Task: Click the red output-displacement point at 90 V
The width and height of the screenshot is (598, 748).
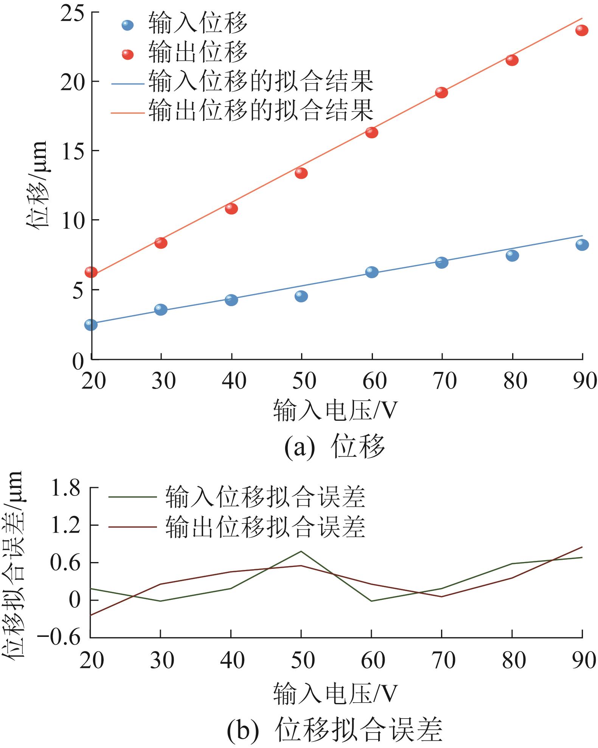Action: (x=582, y=30)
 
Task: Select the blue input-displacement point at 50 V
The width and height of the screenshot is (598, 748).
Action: (x=301, y=296)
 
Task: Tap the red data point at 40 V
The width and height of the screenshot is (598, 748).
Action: (x=231, y=208)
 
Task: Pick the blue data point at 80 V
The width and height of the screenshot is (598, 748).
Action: (x=512, y=256)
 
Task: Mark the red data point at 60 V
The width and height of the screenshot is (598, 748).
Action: (x=371, y=132)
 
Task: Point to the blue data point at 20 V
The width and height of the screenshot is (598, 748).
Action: (x=91, y=324)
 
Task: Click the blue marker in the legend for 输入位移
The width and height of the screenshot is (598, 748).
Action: (x=128, y=25)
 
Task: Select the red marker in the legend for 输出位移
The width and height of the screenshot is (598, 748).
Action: (x=128, y=54)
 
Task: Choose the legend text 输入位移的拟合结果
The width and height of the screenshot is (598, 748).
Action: (x=261, y=81)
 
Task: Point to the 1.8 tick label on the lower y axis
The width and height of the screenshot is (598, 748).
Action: (x=66, y=489)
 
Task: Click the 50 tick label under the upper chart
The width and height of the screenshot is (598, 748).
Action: (x=304, y=381)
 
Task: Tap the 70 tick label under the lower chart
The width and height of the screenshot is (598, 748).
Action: (x=444, y=660)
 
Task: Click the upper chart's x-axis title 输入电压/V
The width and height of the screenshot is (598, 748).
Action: (x=336, y=411)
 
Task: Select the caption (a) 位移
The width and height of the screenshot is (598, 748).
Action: (x=335, y=446)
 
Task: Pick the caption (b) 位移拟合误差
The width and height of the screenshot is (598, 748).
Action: (x=335, y=729)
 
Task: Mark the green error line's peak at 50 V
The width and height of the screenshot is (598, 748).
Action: (x=301, y=551)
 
